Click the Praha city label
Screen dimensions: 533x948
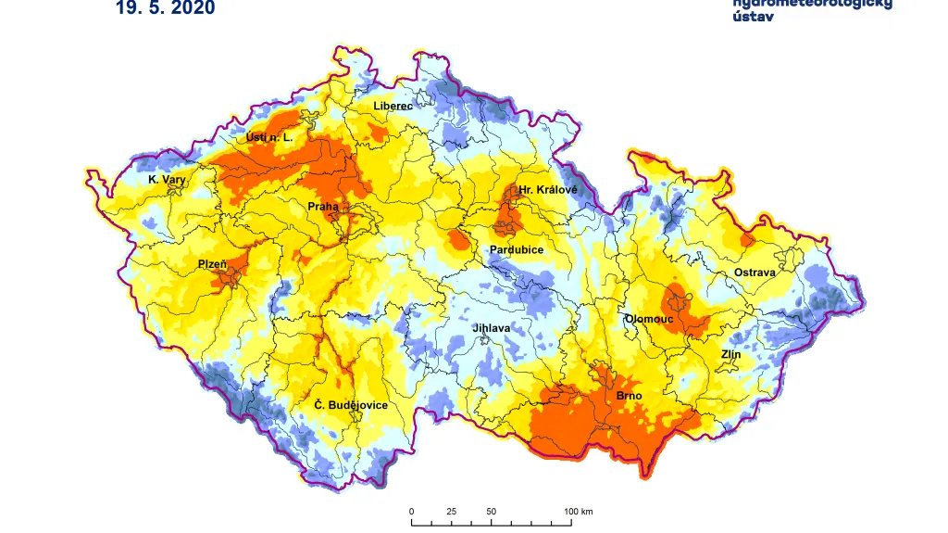point(323,207)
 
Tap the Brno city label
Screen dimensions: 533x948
point(629,396)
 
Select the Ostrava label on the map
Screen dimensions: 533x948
point(755,273)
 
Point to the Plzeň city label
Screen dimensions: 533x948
point(212,264)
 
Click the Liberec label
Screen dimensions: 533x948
point(393,106)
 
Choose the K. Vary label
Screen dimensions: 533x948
point(168,179)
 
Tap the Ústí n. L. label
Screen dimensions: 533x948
point(268,137)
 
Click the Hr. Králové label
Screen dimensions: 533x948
point(547,190)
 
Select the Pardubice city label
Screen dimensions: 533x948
point(517,250)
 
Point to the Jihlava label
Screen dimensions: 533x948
point(491,328)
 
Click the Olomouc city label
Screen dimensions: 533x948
point(648,318)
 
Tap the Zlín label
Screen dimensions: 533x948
point(731,354)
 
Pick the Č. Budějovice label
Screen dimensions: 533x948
point(350,405)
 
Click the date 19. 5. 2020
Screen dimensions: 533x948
point(166,8)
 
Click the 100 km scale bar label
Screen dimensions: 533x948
point(579,512)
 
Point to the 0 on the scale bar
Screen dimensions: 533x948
point(412,512)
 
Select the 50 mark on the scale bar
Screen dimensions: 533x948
point(491,512)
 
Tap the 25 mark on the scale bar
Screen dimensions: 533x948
point(451,512)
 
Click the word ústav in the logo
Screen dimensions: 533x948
point(754,18)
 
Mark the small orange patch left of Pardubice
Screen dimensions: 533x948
point(457,242)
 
